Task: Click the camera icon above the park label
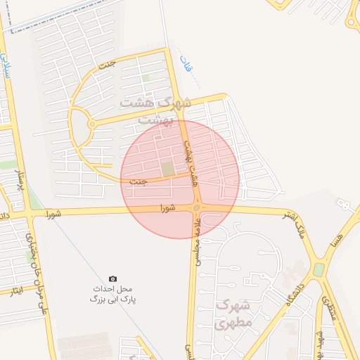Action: [x=112, y=279]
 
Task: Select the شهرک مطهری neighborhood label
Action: [x=233, y=314]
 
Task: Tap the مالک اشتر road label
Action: [x=291, y=222]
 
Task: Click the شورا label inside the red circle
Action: [x=167, y=208]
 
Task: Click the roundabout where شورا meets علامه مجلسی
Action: [x=198, y=208]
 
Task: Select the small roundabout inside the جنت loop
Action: [x=91, y=124]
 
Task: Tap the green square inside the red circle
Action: [x=168, y=169]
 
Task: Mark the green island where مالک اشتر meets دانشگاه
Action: [x=319, y=269]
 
